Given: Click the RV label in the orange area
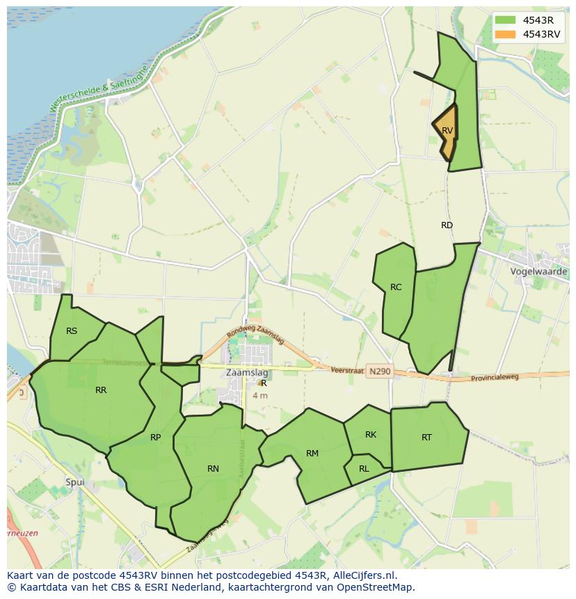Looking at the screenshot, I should coord(447,131).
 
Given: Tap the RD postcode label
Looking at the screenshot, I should coord(447,225).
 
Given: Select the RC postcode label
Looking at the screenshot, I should coord(396,287).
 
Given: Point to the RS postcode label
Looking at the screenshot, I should coord(72,331).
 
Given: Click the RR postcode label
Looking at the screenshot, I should coord(101,390).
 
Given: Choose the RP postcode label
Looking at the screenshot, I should coord(155,438).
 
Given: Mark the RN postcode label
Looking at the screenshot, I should coord(213,469).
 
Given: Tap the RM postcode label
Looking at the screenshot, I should coord(312,454).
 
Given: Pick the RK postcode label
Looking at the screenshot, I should coord(371,435).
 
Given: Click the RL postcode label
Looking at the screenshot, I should coord(364,469).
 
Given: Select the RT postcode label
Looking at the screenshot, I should coord(426,438).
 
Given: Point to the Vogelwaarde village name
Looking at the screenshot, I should coord(538,271).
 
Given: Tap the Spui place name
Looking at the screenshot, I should coord(74,482).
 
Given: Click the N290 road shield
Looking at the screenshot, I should coord(380,372).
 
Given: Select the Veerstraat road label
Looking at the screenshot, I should coord(348,371).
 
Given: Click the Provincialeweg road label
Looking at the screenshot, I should coord(495,377).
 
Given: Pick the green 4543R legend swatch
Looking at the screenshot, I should coord(505,20).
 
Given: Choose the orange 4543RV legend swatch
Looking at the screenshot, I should coord(505,34).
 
